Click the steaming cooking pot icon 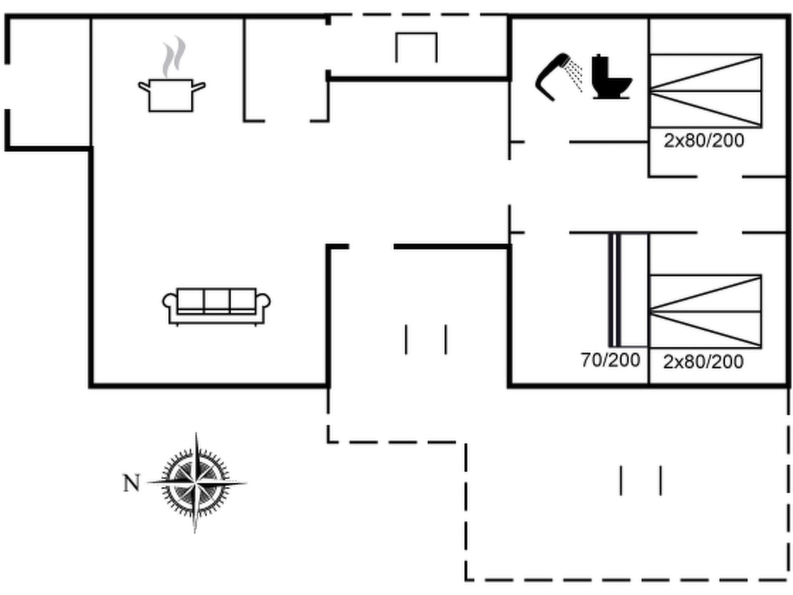pyautogui.click(x=171, y=95)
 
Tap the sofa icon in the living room pyautogui.click(x=216, y=306)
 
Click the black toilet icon pyautogui.click(x=610, y=77)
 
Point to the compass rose pyautogui.click(x=196, y=483)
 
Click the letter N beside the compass pyautogui.click(x=131, y=483)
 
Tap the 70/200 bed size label pyautogui.click(x=610, y=360)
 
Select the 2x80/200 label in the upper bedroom pyautogui.click(x=704, y=141)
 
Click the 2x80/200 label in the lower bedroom pyautogui.click(x=703, y=362)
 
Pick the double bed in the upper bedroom pyautogui.click(x=705, y=91)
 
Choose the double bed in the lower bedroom pyautogui.click(x=705, y=311)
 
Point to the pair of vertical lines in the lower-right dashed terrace pyautogui.click(x=641, y=480)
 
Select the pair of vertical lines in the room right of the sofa pyautogui.click(x=426, y=339)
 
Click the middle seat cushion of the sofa pyautogui.click(x=216, y=300)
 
